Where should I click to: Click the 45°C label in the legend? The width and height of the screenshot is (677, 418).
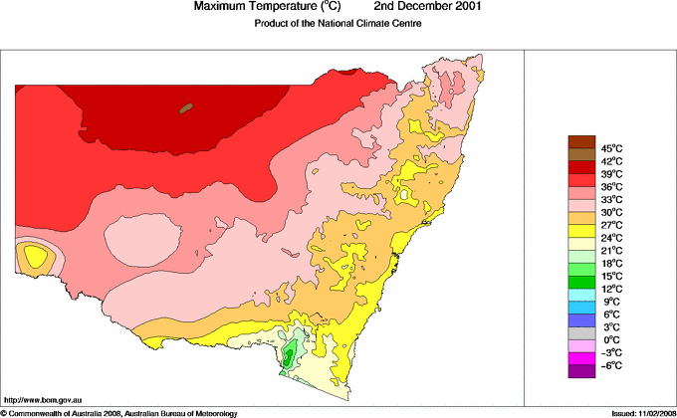coord(611,148)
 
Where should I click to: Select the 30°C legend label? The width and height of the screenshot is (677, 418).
coord(611,212)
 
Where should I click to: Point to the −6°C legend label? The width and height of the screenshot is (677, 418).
coord(611,365)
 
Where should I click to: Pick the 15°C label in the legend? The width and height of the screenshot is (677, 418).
coord(611,276)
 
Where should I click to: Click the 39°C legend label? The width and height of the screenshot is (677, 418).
coord(611,174)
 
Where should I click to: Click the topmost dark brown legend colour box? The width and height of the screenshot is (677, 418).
coord(580,141)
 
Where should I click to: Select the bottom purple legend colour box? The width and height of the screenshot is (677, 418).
coord(580,371)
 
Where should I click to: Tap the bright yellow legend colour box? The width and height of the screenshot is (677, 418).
coord(580,231)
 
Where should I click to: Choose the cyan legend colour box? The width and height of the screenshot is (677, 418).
coord(580,295)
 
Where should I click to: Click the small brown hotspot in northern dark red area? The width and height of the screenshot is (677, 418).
coord(185,107)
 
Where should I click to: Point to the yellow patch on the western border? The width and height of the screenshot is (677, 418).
coord(36,257)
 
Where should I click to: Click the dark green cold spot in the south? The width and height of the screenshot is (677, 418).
coord(289,355)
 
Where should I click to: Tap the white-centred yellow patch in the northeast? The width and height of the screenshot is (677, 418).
coord(406,193)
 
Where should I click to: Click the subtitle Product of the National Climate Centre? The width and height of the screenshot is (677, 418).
coord(338,23)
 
